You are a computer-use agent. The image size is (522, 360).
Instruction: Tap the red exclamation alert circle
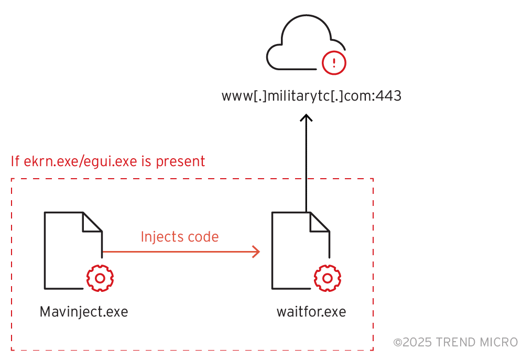pos(334,62)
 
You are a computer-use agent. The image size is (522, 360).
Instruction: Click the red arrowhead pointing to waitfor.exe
pos(256,252)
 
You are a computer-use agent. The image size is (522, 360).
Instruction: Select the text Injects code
pos(179,237)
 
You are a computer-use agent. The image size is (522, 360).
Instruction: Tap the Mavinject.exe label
pos(84,312)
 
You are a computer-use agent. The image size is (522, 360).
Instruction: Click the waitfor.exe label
pos(311,312)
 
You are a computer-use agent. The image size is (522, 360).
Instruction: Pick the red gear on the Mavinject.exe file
pos(100,278)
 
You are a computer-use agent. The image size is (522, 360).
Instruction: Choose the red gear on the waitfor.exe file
pos(328,278)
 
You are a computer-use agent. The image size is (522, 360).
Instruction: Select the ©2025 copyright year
pos(412,343)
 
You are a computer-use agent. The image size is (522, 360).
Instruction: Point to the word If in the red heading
pos(16,161)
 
